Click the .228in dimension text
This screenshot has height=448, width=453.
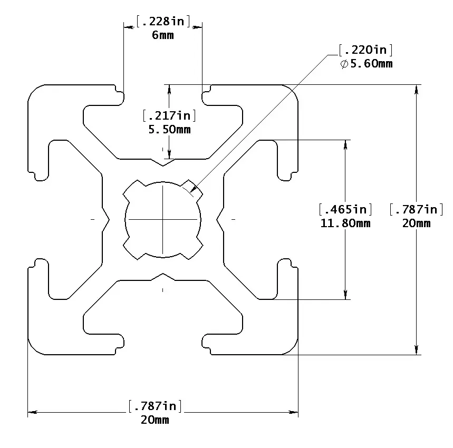pyautogui.click(x=163, y=22)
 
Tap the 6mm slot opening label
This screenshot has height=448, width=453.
pyautogui.click(x=163, y=35)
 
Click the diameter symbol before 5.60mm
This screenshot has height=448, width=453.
pyautogui.click(x=344, y=64)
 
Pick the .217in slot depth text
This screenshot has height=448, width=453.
pyautogui.click(x=169, y=115)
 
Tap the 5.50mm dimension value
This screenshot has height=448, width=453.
pyautogui.click(x=169, y=129)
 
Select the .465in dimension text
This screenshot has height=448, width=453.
pyautogui.click(x=346, y=209)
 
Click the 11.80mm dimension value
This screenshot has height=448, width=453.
pyautogui.click(x=346, y=223)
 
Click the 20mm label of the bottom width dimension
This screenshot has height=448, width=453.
pyautogui.click(x=155, y=420)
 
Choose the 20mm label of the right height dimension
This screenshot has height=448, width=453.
pyautogui.click(x=416, y=223)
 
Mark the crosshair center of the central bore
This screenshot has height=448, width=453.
pyautogui.click(x=163, y=218)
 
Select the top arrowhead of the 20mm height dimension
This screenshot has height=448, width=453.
pyautogui.click(x=417, y=89)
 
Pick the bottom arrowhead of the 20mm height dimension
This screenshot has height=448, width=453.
pyautogui.click(x=417, y=350)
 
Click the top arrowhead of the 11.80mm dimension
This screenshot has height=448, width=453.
pyautogui.click(x=346, y=144)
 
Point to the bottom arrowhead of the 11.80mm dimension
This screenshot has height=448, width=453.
pyautogui.click(x=346, y=296)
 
